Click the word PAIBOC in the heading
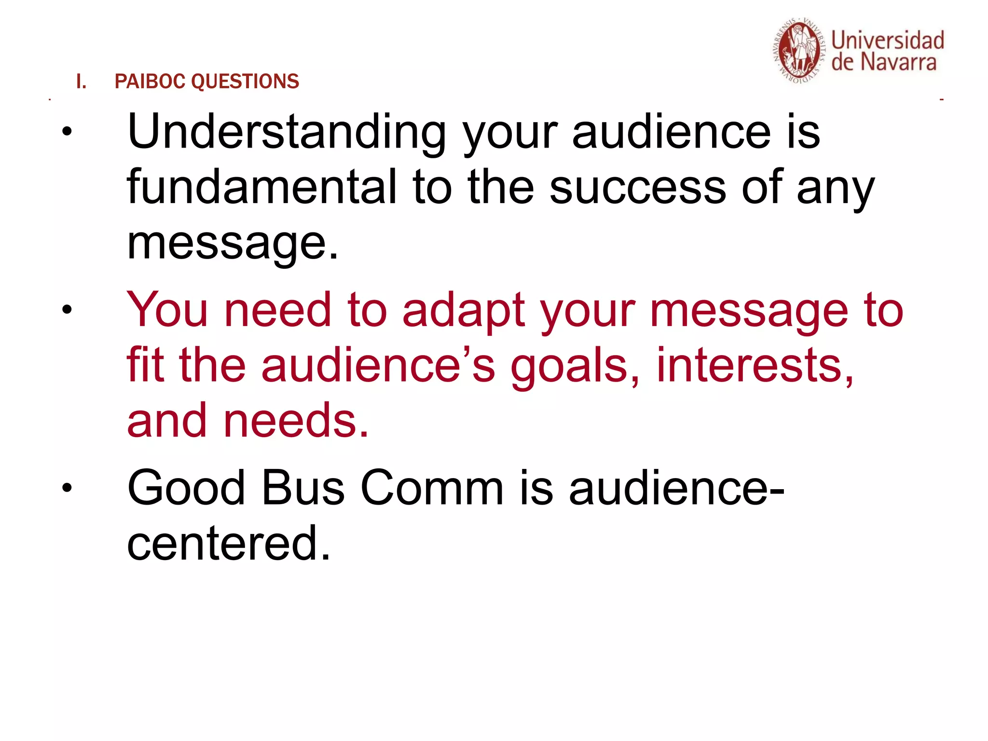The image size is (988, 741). point(150,82)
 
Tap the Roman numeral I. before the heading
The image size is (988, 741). point(81,82)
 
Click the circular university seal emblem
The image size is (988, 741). point(799,51)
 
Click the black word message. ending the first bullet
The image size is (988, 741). point(233,244)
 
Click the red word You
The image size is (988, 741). point(167,310)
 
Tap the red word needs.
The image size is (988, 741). point(296,421)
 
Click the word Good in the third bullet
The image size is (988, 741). point(186,488)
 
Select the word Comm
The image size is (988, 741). point(432,488)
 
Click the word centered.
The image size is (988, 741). point(228,544)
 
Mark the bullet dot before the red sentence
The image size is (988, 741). point(67,310)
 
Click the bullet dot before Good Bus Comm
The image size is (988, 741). point(67,488)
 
